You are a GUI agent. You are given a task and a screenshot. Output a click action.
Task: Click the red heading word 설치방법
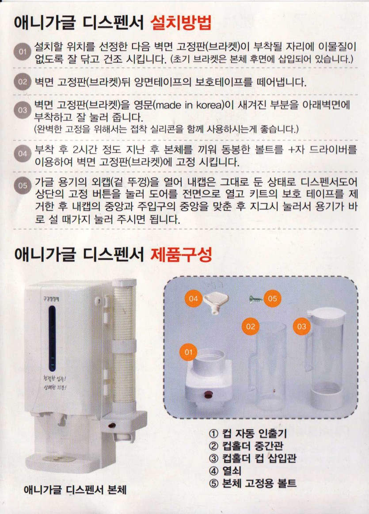pyautogui.click(x=181, y=23)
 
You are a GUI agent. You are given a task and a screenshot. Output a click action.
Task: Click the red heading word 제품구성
pyautogui.click(x=181, y=255)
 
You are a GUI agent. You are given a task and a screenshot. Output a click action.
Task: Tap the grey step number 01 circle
pyautogui.click(x=22, y=52)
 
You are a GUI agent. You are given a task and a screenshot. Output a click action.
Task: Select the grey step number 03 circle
pyautogui.click(x=22, y=110)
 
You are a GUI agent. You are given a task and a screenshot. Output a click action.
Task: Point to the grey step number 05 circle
pyautogui.click(x=22, y=186)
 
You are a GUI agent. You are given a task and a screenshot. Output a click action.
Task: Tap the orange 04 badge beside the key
pyautogui.click(x=194, y=299)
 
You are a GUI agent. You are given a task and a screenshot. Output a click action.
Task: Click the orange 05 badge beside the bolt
pyautogui.click(x=272, y=299)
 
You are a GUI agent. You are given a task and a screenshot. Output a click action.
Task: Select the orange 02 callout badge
pyautogui.click(x=251, y=327)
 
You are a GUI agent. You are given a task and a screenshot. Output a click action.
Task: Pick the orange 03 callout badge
pyautogui.click(x=301, y=327)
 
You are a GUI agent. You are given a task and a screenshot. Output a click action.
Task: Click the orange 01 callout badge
pyautogui.click(x=188, y=352)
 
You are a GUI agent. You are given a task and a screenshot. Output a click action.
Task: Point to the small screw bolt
pyautogui.click(x=256, y=299)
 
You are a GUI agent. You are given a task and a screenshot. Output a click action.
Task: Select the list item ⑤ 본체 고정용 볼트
pyautogui.click(x=252, y=483)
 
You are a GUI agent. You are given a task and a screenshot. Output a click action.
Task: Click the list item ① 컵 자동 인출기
pyautogui.click(x=248, y=434)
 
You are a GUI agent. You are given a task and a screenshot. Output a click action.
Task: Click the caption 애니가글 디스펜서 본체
pyautogui.click(x=75, y=490)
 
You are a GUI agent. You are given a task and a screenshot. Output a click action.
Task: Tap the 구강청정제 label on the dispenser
pyautogui.click(x=51, y=299)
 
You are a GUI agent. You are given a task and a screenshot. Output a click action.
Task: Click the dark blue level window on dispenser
pyautogui.click(x=52, y=338)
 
